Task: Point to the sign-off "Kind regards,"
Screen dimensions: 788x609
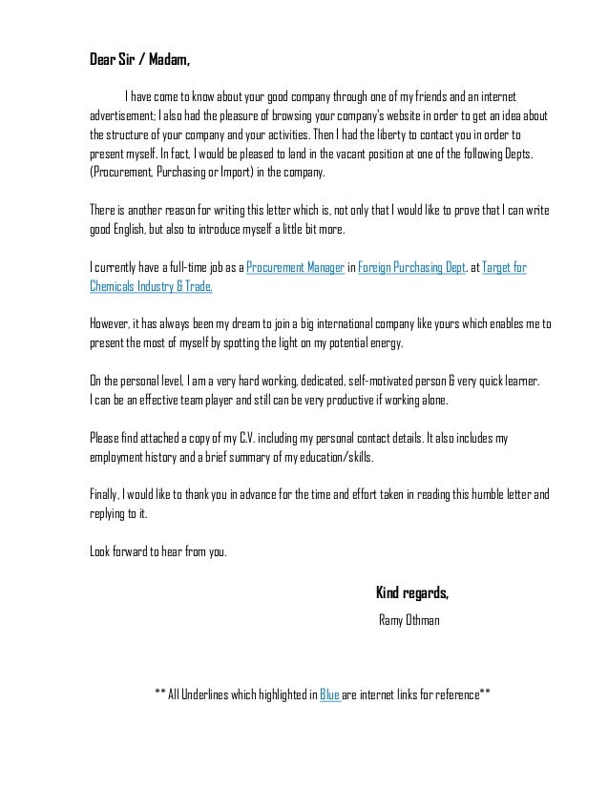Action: pyautogui.click(x=413, y=593)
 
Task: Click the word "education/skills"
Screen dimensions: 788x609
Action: pyautogui.click(x=332, y=457)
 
